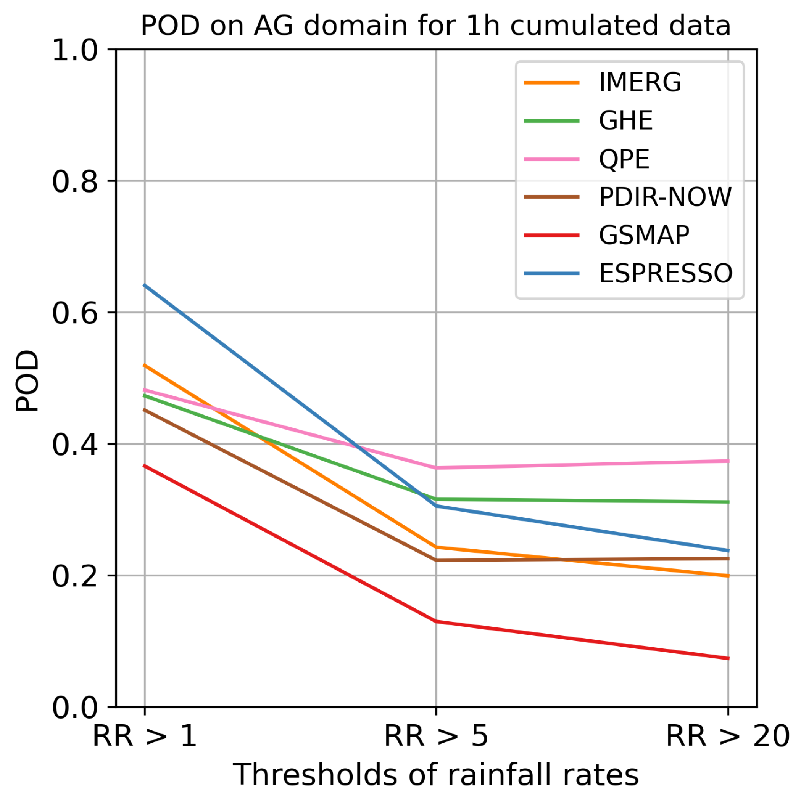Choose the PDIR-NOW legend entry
tap(665, 197)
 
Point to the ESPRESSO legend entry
tap(665, 273)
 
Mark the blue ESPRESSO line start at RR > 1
tap(145, 285)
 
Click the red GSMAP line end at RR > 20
tap(728, 658)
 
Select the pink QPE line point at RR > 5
tap(436, 468)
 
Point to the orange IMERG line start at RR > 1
tap(145, 365)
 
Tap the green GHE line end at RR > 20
tap(728, 502)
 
